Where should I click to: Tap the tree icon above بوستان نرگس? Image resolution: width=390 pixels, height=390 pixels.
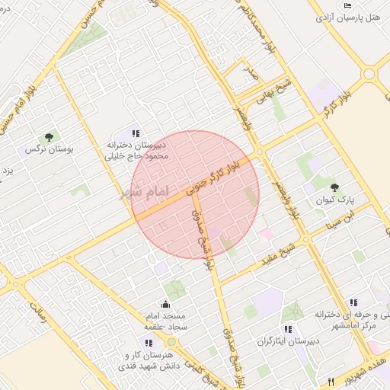point(50,137)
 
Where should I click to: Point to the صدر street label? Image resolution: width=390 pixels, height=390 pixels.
point(249,73)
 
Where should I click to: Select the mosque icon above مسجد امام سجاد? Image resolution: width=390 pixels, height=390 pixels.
point(165,305)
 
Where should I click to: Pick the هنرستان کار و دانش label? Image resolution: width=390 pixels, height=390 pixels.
point(149,360)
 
